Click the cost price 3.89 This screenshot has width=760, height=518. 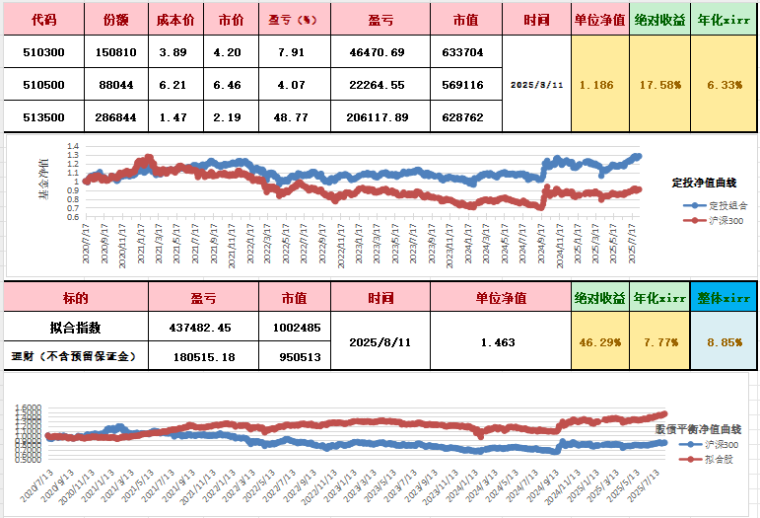(x=174, y=51)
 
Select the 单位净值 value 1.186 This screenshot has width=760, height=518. (x=596, y=85)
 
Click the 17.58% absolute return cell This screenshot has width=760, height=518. (x=659, y=85)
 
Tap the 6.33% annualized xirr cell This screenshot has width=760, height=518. (x=725, y=85)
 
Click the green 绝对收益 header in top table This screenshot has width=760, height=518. (x=659, y=19)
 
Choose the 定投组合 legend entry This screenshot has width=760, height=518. (x=726, y=205)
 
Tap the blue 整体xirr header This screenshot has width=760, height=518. (x=725, y=297)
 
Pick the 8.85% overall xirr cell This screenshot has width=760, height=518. (x=725, y=342)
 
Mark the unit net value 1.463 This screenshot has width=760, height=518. (x=499, y=342)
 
